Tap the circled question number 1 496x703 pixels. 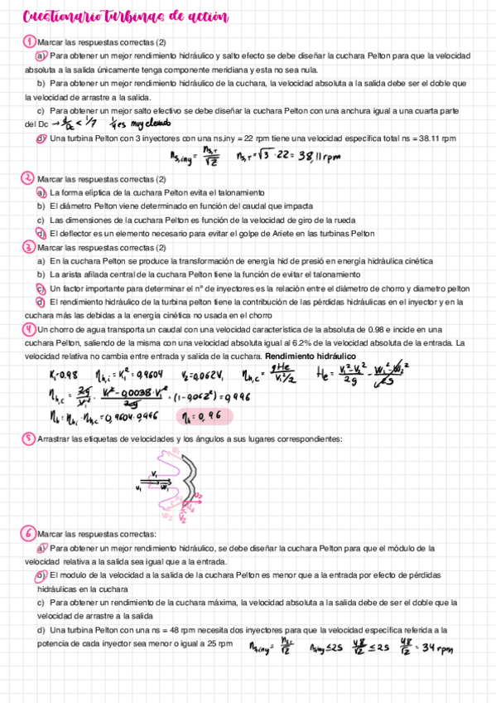pyautogui.click(x=30, y=41)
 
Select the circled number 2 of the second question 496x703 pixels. pyautogui.click(x=29, y=178)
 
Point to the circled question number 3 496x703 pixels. pyautogui.click(x=29, y=247)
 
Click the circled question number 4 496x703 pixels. pyautogui.click(x=29, y=329)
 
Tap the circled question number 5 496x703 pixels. pyautogui.click(x=30, y=438)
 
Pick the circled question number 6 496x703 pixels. pyautogui.click(x=30, y=533)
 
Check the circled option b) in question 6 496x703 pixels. pyautogui.click(x=41, y=575)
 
